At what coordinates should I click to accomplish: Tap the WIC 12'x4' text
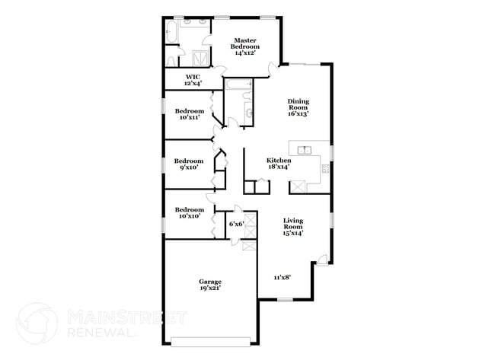click(x=193, y=80)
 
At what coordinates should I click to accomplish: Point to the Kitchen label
click(x=278, y=164)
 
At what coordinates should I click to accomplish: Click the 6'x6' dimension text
click(x=236, y=224)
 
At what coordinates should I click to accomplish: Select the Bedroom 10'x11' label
click(x=189, y=114)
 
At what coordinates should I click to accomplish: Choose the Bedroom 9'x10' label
click(x=188, y=164)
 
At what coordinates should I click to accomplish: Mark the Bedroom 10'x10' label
click(x=189, y=214)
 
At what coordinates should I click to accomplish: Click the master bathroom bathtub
click(x=171, y=32)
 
